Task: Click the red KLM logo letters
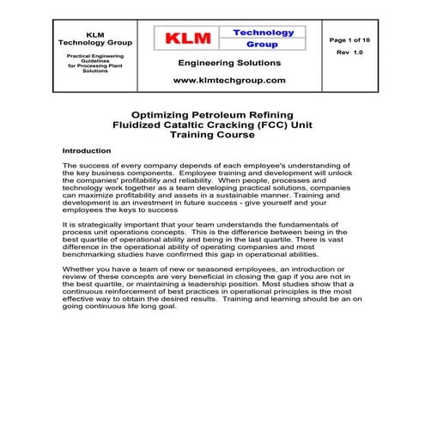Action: click(187, 39)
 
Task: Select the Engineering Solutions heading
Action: click(229, 63)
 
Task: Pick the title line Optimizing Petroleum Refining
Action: click(212, 114)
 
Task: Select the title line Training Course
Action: click(212, 135)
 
